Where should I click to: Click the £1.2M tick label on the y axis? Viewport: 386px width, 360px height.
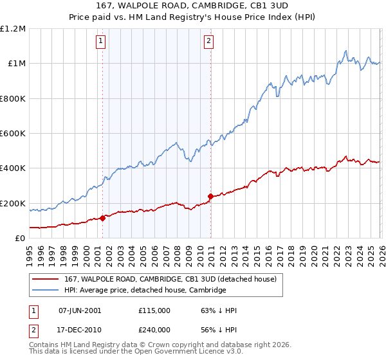coord(13,29)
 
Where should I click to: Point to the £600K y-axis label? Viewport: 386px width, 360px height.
coord(13,134)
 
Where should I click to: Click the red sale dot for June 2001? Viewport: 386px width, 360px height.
coord(102,218)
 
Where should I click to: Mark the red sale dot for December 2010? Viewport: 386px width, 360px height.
coord(210,196)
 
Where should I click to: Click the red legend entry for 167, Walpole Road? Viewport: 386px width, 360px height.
coord(170,279)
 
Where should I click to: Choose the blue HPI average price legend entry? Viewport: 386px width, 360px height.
coord(145,291)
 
